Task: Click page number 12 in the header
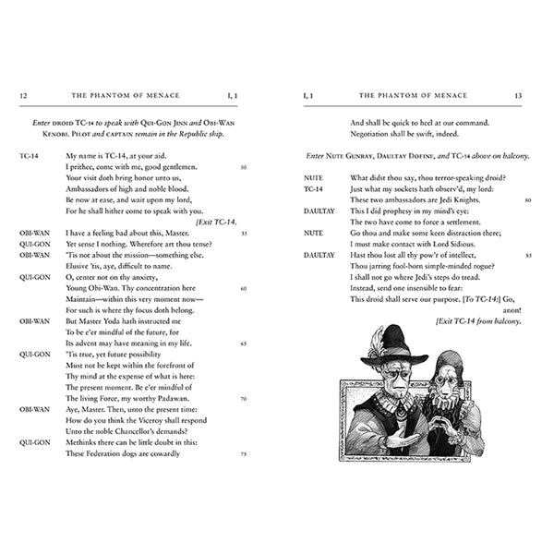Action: pyautogui.click(x=23, y=95)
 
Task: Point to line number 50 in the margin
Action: pyautogui.click(x=243, y=167)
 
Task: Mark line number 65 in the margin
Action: pyautogui.click(x=243, y=343)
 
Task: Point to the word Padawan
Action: pyautogui.click(x=187, y=387)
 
